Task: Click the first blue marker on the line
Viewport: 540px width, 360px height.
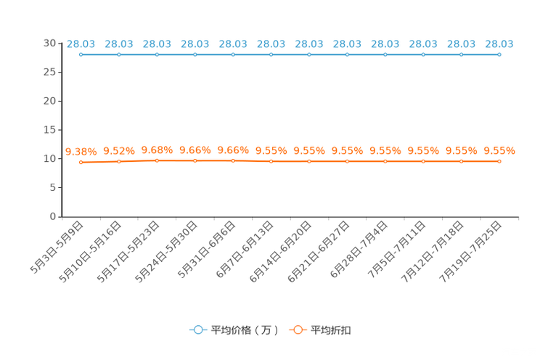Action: click(81, 54)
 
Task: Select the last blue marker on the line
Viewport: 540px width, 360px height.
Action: click(499, 54)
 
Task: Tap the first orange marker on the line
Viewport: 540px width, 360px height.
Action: click(81, 162)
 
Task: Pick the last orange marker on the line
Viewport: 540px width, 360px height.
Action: click(499, 161)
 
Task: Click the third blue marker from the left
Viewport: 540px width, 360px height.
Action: click(157, 54)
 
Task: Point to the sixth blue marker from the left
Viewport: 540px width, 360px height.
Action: click(271, 54)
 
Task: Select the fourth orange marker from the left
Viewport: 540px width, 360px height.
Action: click(195, 160)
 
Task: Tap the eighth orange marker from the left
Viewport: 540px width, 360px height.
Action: click(347, 161)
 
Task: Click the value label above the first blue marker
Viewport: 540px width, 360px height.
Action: click(81, 44)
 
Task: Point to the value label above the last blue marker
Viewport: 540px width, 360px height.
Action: click(499, 44)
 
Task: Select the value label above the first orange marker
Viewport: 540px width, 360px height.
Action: click(81, 151)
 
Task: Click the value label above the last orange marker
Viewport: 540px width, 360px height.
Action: click(499, 150)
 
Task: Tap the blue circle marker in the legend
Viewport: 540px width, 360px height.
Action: click(197, 330)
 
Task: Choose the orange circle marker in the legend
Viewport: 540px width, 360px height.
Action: click(298, 330)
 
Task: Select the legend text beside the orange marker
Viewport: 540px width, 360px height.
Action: click(332, 330)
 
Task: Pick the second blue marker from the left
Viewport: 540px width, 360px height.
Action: click(118, 54)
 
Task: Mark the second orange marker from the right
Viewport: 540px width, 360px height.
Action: click(461, 161)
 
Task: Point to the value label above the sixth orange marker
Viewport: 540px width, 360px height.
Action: click(271, 150)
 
